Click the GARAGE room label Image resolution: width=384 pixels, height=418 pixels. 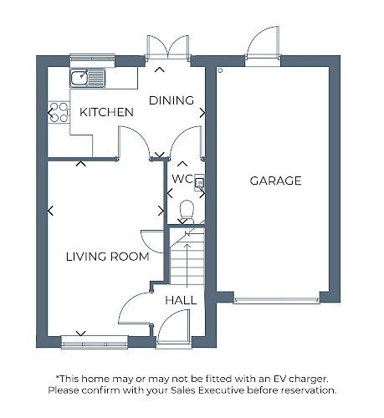275,181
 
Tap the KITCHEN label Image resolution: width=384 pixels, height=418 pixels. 106,112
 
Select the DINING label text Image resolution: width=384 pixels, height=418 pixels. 172,100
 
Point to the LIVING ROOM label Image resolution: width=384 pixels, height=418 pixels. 108,257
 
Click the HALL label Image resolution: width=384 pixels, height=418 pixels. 181,300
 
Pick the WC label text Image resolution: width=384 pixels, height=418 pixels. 182,179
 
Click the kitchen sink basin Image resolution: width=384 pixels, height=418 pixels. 79,78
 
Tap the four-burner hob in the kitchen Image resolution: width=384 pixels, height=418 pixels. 59,113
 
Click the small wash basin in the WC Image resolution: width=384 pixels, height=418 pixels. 199,183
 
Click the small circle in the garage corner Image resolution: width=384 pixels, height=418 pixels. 220,70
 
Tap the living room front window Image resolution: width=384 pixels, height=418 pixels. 95,342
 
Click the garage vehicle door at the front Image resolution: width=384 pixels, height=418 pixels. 277,300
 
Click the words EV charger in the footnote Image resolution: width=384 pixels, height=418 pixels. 300,379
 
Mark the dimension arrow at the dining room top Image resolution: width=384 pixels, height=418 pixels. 160,69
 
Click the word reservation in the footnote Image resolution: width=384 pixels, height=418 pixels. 308,390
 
